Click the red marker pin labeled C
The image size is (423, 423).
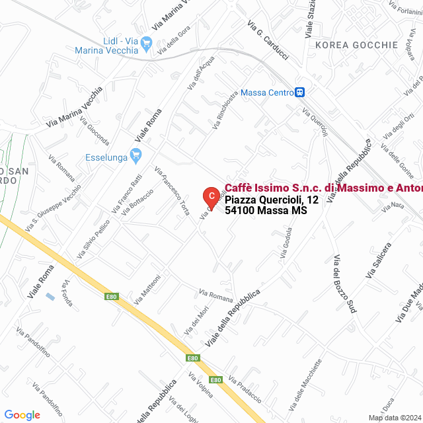pyautogui.click(x=211, y=196)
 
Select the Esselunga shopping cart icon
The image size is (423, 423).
pyautogui.click(x=136, y=157)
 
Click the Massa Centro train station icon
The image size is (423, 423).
pyautogui.click(x=300, y=93)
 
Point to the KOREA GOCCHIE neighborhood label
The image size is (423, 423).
pyautogui.click(x=357, y=45)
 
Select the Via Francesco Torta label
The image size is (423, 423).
pyautogui.click(x=172, y=191)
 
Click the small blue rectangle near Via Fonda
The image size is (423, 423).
pyautogui.click(x=51, y=296)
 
